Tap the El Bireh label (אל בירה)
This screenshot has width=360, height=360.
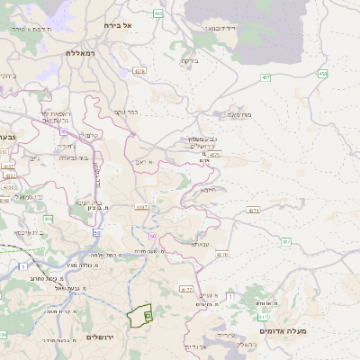tap(118, 25)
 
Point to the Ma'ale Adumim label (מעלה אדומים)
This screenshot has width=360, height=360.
tap(287, 331)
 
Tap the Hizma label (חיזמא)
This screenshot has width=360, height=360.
tap(208, 190)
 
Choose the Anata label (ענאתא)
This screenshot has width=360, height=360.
tap(200, 244)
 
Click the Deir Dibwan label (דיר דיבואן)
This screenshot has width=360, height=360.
tap(220, 29)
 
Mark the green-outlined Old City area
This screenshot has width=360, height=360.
tap(139, 316)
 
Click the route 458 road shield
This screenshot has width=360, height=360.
tap(322, 73)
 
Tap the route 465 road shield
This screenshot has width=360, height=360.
tap(158, 13)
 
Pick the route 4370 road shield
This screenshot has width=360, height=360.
tap(221, 255)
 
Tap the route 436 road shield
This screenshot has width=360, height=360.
tap(48, 219)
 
